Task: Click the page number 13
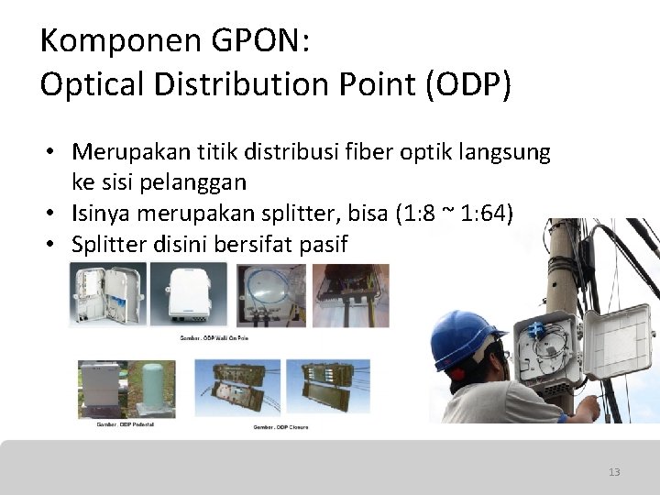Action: (613, 472)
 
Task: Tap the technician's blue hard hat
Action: (468, 335)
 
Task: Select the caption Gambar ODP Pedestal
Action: (125, 425)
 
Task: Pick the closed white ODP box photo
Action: (189, 295)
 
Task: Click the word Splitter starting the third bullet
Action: (111, 244)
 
